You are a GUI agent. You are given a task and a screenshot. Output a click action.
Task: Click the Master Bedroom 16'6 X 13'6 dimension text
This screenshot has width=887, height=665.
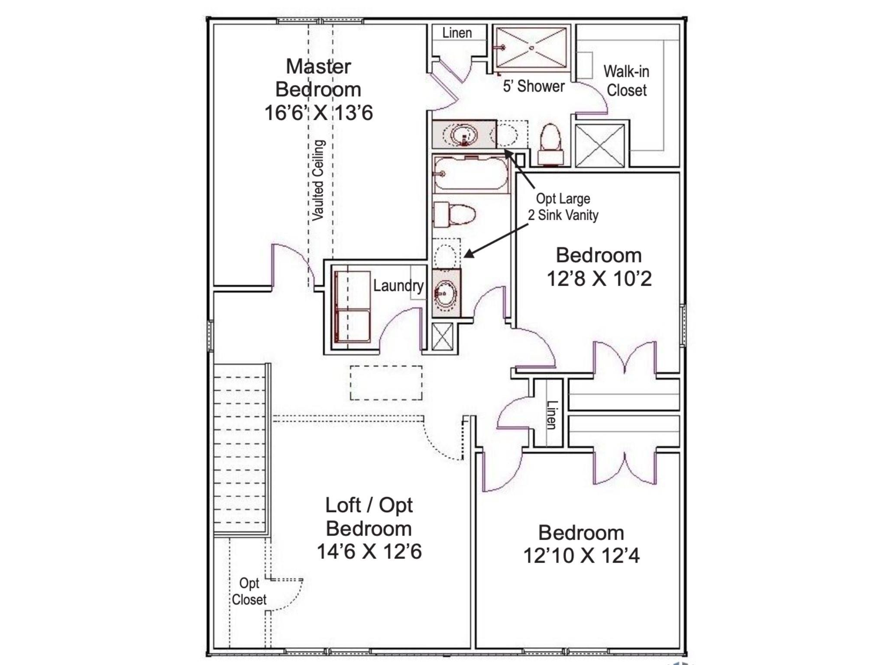(318, 113)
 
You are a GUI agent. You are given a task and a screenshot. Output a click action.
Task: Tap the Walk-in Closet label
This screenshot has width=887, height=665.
(626, 81)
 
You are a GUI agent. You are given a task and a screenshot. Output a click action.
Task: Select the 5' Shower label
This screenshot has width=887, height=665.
(534, 86)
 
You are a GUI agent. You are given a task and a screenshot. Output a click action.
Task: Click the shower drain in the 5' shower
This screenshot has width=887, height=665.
(531, 48)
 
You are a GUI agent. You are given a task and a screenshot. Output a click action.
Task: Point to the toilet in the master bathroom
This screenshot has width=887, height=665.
(550, 143)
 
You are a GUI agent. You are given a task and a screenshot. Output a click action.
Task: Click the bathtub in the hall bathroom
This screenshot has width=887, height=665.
(470, 174)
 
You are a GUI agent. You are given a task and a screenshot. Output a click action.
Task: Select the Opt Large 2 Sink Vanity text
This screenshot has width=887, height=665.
(563, 207)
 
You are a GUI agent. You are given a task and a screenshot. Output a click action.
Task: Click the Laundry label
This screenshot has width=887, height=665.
(398, 285)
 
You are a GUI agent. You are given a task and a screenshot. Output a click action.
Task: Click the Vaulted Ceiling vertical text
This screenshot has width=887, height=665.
(318, 180)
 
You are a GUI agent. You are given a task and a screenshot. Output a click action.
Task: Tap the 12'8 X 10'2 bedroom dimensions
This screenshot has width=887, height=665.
(599, 278)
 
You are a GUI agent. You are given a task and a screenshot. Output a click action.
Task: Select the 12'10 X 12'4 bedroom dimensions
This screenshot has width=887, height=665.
(581, 555)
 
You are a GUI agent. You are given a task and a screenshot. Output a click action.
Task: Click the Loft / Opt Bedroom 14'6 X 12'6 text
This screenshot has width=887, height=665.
(369, 528)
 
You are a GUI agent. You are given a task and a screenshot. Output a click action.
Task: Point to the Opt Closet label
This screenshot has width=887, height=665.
(249, 591)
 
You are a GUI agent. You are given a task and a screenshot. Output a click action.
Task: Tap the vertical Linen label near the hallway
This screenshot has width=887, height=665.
(551, 415)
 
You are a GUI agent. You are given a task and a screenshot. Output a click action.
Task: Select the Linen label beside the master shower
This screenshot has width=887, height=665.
(457, 33)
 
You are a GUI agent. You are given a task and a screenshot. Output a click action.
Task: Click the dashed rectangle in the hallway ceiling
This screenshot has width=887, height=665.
(386, 383)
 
